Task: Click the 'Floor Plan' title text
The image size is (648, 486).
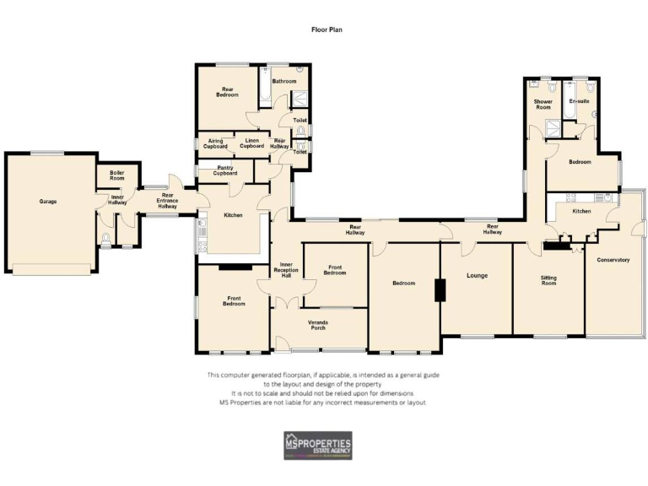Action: pyautogui.click(x=324, y=29)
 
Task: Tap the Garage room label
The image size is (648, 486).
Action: pyautogui.click(x=47, y=201)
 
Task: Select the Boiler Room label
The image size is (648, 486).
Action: pyautogui.click(x=116, y=176)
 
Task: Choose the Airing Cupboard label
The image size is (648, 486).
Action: pyautogui.click(x=215, y=143)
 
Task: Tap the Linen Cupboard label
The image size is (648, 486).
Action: pyautogui.click(x=251, y=143)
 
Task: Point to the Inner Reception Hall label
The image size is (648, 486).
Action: pyautogui.click(x=286, y=271)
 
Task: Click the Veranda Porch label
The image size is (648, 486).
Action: pyautogui.click(x=318, y=325)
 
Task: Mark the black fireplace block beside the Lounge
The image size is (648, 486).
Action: pyautogui.click(x=439, y=289)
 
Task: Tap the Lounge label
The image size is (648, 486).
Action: pyautogui.click(x=477, y=275)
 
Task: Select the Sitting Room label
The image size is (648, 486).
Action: pyautogui.click(x=548, y=281)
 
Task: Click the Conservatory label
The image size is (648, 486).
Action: pyautogui.click(x=613, y=260)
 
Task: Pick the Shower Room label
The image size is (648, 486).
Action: pyautogui.click(x=543, y=105)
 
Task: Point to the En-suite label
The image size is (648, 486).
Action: pyautogui.click(x=578, y=101)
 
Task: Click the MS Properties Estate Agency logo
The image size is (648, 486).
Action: pyautogui.click(x=317, y=445)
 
